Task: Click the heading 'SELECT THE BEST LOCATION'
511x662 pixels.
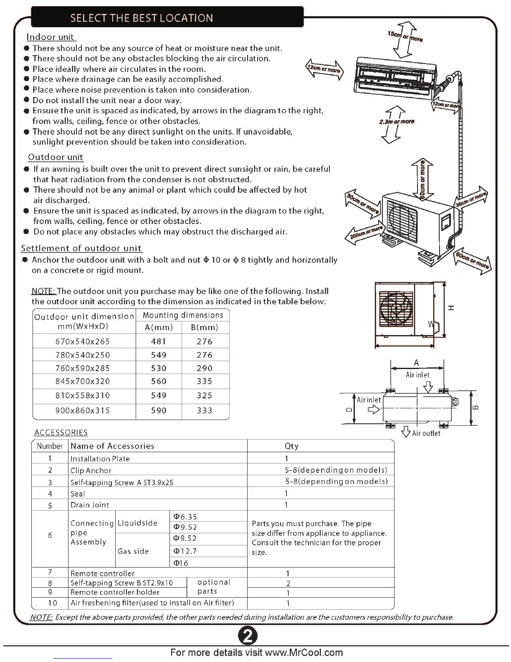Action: point(142,18)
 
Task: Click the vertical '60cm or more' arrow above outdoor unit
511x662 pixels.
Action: point(422,179)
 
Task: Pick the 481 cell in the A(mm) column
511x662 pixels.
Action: point(159,341)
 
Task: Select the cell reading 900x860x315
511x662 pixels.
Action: point(83,410)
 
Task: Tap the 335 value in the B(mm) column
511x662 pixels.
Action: point(205,381)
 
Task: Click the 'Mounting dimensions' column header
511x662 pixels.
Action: point(183,315)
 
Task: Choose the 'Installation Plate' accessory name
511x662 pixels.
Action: point(100,458)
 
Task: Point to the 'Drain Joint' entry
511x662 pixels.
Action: point(90,505)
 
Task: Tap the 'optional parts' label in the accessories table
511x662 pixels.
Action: point(213,587)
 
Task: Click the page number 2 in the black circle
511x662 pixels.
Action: point(248,637)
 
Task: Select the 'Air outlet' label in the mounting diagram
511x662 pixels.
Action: point(426,433)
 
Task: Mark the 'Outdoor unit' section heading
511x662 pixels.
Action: point(56,157)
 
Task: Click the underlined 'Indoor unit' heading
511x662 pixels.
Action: point(51,37)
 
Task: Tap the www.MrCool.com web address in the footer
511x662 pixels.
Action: point(304,652)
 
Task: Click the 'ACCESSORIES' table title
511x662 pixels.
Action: point(61,433)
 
